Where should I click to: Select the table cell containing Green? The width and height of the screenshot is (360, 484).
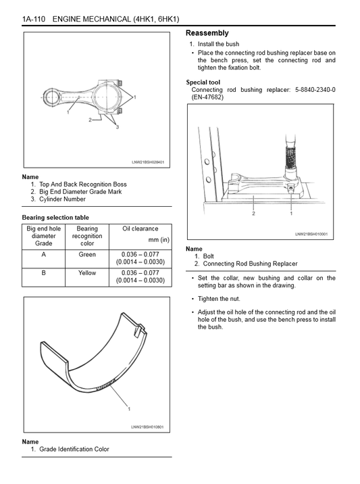87,255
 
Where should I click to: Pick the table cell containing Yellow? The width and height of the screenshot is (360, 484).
87,273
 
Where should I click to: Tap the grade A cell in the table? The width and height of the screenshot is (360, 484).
44,255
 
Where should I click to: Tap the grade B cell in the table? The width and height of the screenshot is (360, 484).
44,273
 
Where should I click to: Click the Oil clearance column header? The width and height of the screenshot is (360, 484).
140,229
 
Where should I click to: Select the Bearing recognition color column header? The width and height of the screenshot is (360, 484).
87,236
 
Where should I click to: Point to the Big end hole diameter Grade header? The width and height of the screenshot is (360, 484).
44,236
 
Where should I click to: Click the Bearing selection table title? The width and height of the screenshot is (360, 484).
55,218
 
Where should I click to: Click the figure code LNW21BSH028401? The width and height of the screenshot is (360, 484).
147,162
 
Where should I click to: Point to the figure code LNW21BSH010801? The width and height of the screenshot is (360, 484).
147,427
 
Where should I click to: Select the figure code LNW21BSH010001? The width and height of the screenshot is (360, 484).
311,235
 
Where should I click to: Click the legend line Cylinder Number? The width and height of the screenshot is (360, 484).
62,199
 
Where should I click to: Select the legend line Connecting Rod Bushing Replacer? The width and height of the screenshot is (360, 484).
246,264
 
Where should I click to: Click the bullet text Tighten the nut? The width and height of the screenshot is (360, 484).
219,298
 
